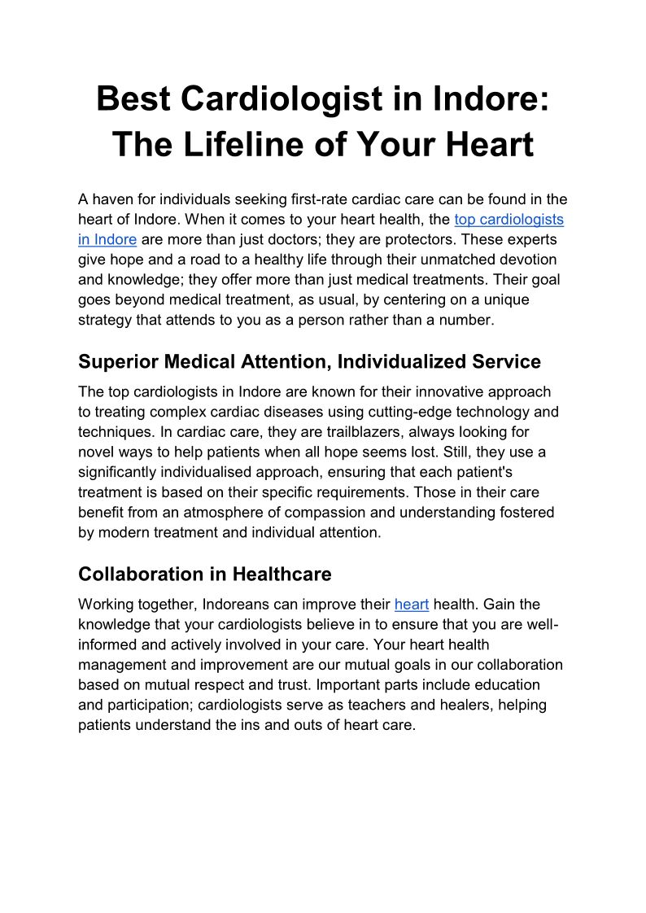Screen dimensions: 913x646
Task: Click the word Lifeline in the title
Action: (250, 145)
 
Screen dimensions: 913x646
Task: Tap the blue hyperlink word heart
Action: (411, 605)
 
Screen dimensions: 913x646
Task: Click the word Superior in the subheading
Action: (117, 361)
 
